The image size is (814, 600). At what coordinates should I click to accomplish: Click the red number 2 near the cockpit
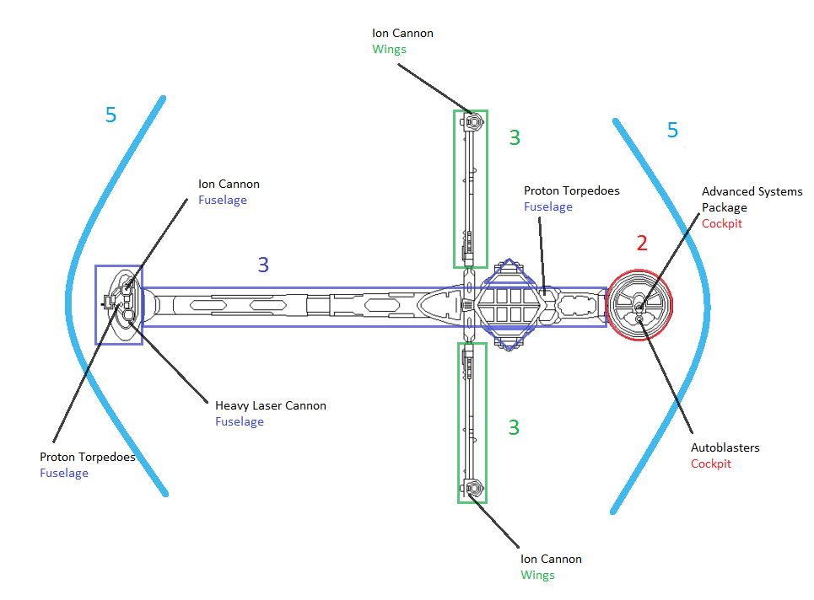click(642, 244)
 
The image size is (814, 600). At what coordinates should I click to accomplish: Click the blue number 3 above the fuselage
click(263, 265)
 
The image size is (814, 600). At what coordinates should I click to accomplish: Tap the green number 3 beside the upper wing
click(515, 137)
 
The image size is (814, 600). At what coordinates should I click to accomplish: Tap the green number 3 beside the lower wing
click(514, 427)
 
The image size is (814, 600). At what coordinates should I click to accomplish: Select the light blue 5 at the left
click(111, 115)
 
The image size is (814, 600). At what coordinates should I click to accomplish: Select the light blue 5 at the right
click(672, 130)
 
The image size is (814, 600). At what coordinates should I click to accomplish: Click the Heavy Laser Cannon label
click(270, 405)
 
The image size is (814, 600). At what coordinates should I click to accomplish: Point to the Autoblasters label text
click(725, 447)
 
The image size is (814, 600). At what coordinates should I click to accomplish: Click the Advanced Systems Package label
click(752, 199)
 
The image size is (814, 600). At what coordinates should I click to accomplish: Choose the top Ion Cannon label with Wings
click(402, 34)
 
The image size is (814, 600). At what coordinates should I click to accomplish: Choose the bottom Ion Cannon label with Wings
click(551, 559)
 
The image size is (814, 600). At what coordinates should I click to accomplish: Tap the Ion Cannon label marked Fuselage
click(229, 184)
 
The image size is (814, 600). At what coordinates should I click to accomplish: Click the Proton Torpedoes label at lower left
click(88, 457)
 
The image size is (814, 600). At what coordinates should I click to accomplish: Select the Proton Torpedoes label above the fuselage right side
click(571, 191)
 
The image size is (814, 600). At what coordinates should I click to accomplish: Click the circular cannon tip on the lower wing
click(473, 488)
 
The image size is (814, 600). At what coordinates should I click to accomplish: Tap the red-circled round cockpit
click(640, 304)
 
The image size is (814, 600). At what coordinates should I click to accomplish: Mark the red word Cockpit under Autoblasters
click(711, 463)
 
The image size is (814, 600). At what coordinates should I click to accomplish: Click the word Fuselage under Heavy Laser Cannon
click(239, 421)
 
